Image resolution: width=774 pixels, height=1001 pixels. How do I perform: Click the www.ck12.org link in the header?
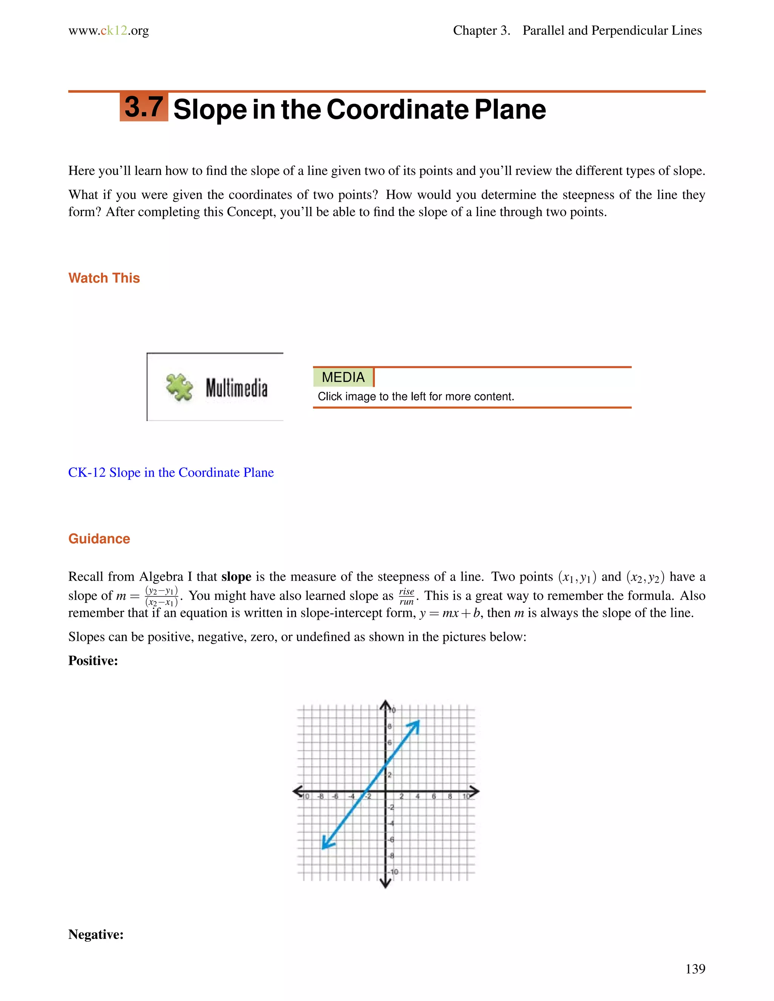click(109, 31)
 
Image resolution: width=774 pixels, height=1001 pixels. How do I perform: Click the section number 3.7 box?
click(144, 107)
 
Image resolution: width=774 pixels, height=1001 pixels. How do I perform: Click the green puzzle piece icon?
click(179, 387)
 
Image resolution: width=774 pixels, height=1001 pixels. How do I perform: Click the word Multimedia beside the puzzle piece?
click(236, 388)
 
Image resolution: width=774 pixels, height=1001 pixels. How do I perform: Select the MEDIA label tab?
click(343, 377)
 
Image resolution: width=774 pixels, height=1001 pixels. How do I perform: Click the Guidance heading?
click(99, 539)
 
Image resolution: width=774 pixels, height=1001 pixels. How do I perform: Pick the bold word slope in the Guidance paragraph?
click(236, 576)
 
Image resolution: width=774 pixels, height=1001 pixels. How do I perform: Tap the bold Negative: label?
click(96, 934)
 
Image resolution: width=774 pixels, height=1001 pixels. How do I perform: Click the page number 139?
click(695, 969)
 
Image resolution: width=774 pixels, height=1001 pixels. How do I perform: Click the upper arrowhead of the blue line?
click(415, 725)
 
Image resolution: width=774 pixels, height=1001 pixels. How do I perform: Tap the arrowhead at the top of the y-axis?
click(385, 704)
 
